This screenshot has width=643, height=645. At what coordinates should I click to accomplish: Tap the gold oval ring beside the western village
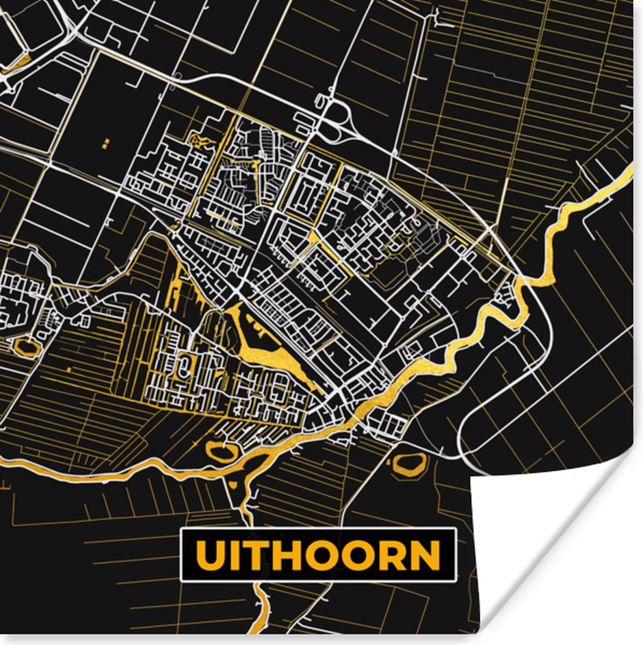pos(27,347)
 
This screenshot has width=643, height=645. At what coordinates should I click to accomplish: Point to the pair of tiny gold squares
pos(106,142)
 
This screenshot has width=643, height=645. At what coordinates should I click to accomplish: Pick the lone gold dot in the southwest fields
pos(70,370)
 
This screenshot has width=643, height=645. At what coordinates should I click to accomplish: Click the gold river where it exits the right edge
pos(628,172)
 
